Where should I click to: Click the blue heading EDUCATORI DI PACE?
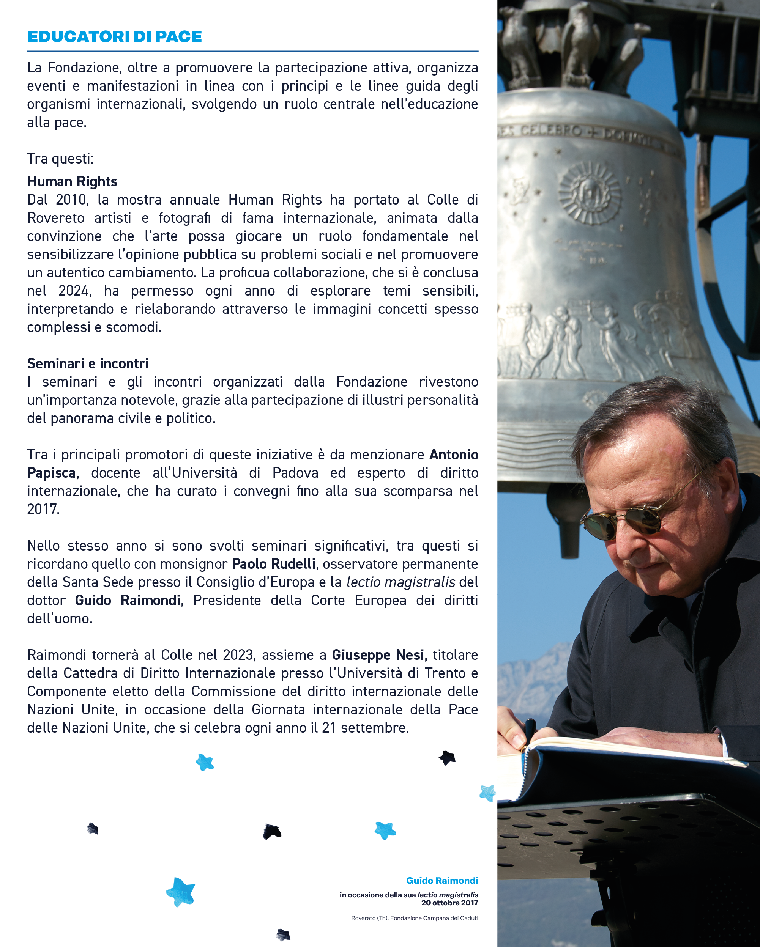[114, 36]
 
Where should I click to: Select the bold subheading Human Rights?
[72, 181]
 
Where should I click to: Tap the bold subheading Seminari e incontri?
[88, 364]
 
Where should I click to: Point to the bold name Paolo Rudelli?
[273, 563]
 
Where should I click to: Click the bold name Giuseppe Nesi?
[378, 655]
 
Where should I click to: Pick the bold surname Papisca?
[51, 473]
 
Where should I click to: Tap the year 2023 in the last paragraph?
[238, 655]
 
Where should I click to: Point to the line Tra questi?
[60, 159]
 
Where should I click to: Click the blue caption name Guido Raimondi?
[442, 880]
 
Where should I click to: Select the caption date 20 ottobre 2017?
[449, 903]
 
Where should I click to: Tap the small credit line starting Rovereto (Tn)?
[414, 918]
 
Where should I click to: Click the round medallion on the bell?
[590, 193]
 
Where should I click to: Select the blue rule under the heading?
[252, 51]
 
